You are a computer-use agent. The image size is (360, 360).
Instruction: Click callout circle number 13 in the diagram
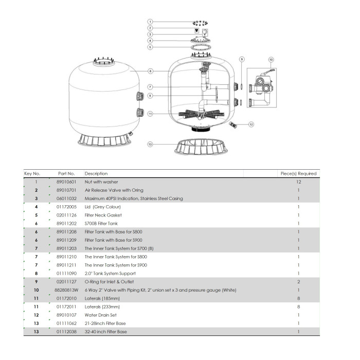[150, 145]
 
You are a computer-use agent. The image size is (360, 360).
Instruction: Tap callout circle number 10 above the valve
[271, 60]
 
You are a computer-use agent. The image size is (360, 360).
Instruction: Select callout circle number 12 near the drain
[251, 124]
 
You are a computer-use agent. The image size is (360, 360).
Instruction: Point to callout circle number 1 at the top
[150, 22]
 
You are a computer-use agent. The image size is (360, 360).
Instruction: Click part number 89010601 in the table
[66, 182]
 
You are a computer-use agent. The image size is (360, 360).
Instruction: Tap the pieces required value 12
[298, 182]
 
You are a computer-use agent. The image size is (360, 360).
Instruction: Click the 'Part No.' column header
[66, 173]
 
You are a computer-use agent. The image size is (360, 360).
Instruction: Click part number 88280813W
[67, 290]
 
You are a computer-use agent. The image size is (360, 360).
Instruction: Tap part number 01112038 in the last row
[66, 332]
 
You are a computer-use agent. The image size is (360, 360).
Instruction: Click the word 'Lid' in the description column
[88, 207]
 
